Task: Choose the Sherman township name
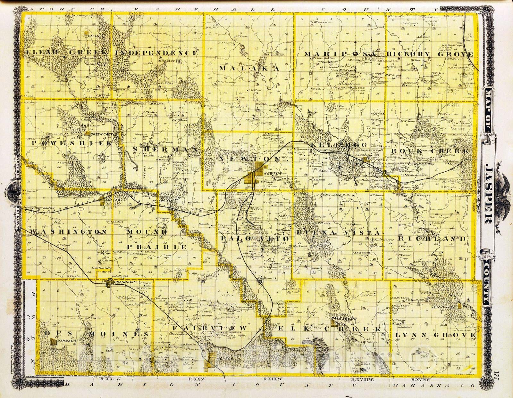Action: [165, 149]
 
